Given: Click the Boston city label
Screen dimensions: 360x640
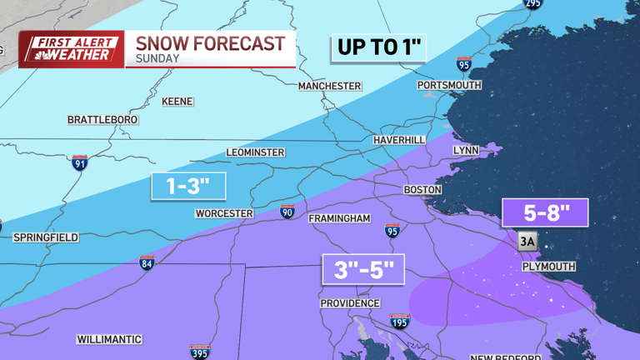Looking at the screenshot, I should [422, 190].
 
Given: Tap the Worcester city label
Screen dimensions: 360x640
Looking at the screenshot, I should [224, 213].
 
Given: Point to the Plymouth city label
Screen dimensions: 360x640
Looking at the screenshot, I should [548, 267].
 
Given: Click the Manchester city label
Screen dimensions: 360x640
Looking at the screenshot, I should [330, 86].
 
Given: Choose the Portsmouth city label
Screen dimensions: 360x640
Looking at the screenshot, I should [450, 85].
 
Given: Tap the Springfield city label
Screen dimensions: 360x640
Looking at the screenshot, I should [46, 237].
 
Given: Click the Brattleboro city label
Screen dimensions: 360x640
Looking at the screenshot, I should [102, 120].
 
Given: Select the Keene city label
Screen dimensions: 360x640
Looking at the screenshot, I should [177, 102].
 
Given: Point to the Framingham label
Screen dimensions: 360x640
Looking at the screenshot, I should [339, 218].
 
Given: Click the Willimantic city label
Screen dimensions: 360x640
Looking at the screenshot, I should [109, 340].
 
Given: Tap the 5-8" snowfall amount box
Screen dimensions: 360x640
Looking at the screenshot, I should [545, 213].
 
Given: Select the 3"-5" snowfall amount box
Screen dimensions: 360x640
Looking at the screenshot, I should [363, 270].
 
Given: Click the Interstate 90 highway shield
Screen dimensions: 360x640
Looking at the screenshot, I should [287, 212].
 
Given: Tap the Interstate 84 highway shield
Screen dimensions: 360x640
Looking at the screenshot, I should [147, 262].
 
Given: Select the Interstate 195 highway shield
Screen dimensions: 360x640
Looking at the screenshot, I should [400, 322].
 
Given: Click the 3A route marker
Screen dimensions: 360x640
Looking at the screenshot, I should [527, 242].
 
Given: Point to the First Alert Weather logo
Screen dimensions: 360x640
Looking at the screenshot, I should [72, 49].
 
